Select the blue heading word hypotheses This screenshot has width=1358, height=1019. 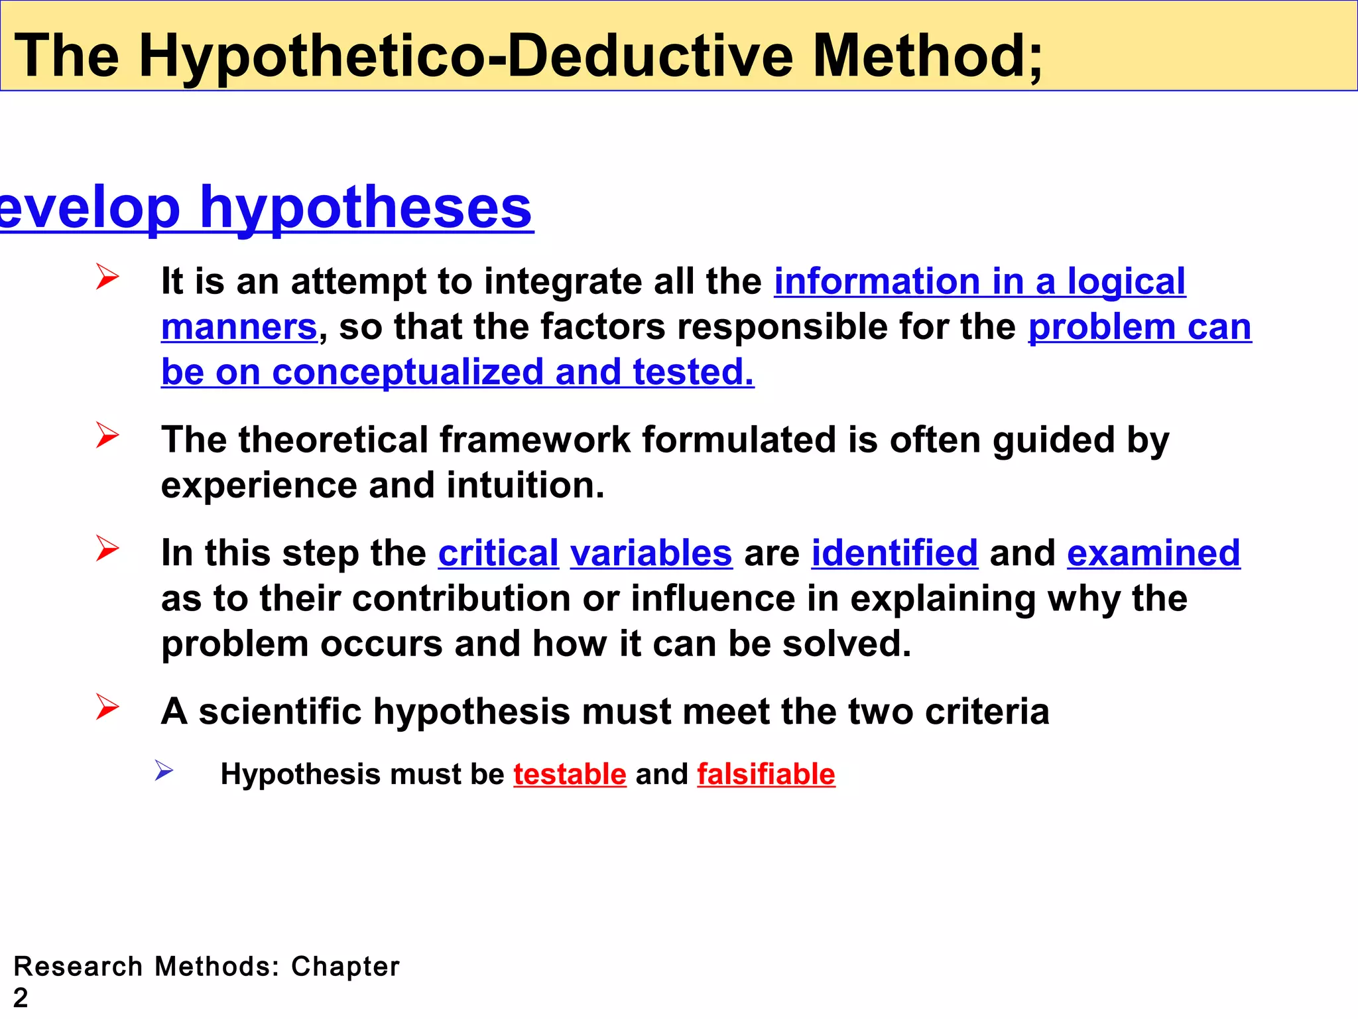coord(366,208)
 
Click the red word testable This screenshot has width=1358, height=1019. coord(570,774)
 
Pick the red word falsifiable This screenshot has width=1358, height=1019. coord(766,774)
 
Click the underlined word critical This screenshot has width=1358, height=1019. coord(498,553)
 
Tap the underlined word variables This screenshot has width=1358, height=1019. coord(651,553)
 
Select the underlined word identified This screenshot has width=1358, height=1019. coord(895,553)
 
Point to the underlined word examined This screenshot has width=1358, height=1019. coord(1153,553)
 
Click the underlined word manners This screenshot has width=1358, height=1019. coord(239,327)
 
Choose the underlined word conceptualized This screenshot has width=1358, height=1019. coord(408,372)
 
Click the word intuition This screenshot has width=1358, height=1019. coord(525,486)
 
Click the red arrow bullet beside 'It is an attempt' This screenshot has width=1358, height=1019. coord(107,277)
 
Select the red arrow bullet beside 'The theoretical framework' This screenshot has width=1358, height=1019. coord(107,435)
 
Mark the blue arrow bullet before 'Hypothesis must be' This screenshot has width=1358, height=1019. coord(164,770)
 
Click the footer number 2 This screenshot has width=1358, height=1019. coord(21,998)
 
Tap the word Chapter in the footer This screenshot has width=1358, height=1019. coord(345,967)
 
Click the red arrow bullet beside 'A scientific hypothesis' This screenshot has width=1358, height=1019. coord(107,707)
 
